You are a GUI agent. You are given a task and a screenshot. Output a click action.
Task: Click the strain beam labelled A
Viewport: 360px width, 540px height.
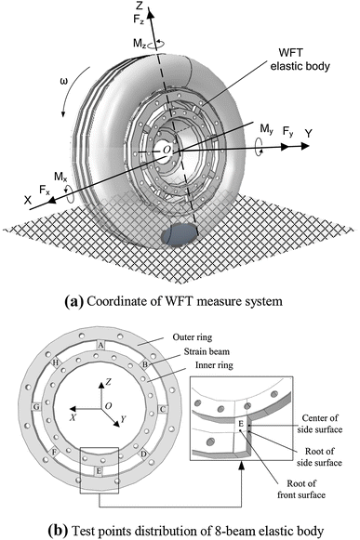coord(100,345)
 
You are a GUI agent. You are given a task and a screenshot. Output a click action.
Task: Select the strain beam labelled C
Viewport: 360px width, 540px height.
coord(163,410)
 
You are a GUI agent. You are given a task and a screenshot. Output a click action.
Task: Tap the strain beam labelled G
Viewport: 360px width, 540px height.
coord(36,407)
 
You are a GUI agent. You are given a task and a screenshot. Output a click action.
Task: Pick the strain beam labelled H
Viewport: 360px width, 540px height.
coord(55,362)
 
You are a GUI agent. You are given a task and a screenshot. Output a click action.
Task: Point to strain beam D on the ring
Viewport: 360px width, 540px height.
coord(144,454)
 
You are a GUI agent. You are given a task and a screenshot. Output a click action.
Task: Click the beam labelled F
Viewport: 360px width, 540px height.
coord(54,452)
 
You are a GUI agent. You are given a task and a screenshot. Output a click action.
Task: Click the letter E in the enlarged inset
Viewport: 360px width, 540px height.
coord(241,424)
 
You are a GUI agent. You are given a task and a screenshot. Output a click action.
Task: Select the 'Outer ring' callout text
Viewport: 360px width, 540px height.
coord(193,337)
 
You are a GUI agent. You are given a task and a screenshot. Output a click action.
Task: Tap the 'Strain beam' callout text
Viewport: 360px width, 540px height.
coord(207,351)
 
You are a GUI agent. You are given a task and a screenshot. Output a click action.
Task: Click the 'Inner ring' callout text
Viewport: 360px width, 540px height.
coord(214,365)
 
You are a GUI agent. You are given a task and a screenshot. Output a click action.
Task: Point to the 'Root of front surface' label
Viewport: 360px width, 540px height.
coord(301,490)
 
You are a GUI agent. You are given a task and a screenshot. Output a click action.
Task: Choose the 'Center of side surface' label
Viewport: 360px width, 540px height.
coord(320,424)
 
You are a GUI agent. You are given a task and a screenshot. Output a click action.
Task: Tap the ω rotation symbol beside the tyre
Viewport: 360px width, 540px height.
coord(64,81)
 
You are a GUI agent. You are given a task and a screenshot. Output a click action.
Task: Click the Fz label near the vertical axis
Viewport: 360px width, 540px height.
coord(139,20)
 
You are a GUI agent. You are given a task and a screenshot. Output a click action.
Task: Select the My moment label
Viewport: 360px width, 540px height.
coord(267,129)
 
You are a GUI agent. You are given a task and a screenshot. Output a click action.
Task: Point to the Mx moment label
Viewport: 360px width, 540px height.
coord(60,177)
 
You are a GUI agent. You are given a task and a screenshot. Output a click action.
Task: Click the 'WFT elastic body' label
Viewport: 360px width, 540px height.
coord(300,59)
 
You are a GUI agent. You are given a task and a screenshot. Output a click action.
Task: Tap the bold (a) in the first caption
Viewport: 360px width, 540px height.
coord(73,301)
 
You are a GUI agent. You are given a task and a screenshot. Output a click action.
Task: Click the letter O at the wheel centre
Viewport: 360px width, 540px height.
coord(167,150)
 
